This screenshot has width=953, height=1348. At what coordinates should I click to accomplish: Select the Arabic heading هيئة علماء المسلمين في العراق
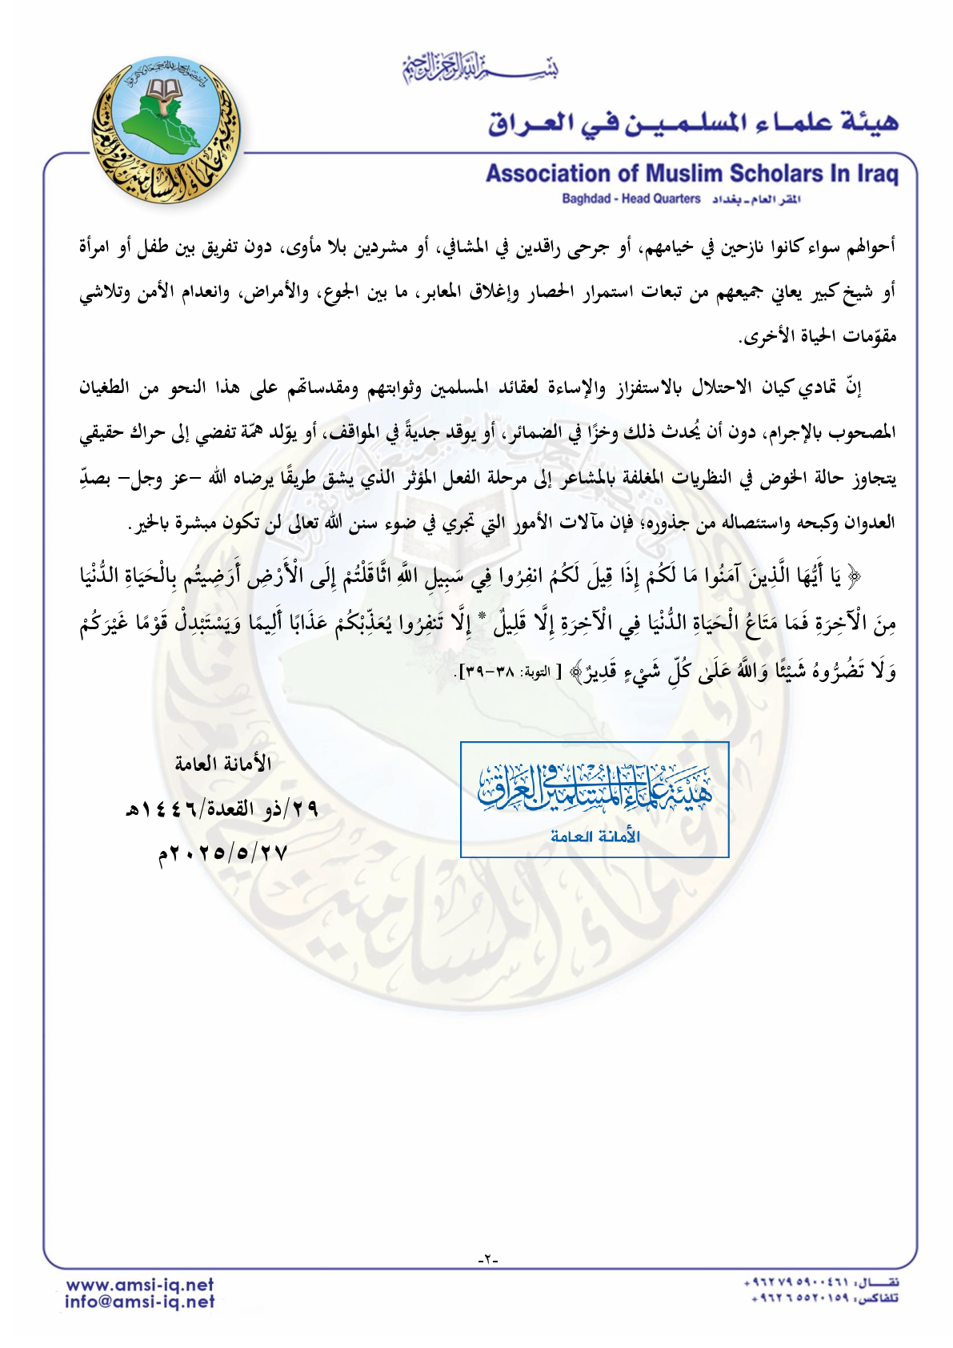pyautogui.click(x=693, y=122)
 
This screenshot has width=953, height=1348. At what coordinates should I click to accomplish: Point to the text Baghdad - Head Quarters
pyautogui.click(x=631, y=199)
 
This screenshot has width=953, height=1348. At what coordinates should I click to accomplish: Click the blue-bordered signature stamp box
pyautogui.click(x=595, y=799)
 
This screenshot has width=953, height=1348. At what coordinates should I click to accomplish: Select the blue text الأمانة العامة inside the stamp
pyautogui.click(x=595, y=836)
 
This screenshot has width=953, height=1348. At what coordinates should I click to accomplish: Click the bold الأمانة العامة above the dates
pyautogui.click(x=223, y=764)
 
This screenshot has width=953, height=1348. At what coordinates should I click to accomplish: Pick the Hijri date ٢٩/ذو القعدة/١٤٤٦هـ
pyautogui.click(x=222, y=809)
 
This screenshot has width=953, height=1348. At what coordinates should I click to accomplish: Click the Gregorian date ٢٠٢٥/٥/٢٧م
pyautogui.click(x=222, y=853)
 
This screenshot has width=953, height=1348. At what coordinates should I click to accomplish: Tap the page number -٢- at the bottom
pyautogui.click(x=487, y=1259)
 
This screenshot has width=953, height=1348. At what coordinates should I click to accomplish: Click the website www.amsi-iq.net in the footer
pyautogui.click(x=140, y=1285)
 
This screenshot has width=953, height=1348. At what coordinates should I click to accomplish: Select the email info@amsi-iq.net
pyautogui.click(x=140, y=1302)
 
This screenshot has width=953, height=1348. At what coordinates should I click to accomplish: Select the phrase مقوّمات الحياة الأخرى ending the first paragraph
pyautogui.click(x=818, y=337)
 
